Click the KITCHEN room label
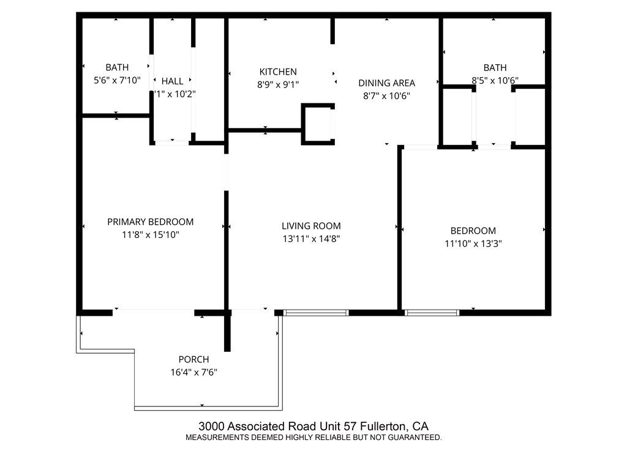tap(277, 72)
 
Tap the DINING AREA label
tap(386, 83)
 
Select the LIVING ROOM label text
tap(311, 226)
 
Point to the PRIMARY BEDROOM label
tap(150, 222)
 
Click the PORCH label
tap(193, 359)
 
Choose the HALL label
tap(172, 81)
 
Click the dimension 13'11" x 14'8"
tap(311, 239)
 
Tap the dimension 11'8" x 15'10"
tap(150, 234)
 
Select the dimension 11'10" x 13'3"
tap(473, 244)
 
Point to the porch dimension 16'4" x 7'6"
tap(193, 371)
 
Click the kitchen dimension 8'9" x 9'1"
tap(277, 84)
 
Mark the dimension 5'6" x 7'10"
tap(116, 80)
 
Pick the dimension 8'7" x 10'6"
tap(386, 95)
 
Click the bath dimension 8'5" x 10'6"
tap(495, 80)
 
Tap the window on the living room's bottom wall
tap(316, 313)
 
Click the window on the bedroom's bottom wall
tap(432, 313)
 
